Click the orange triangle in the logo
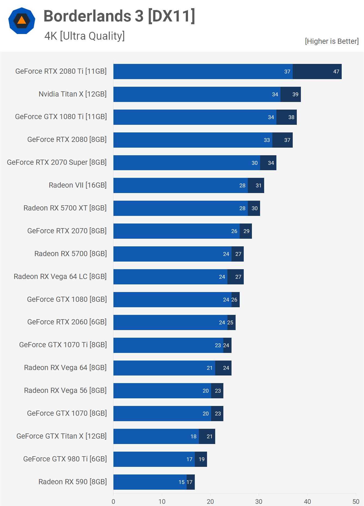(x=22, y=20)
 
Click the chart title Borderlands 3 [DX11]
(x=119, y=16)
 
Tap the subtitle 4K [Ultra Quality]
(x=84, y=36)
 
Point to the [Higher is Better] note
(x=332, y=41)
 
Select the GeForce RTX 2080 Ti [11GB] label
(x=61, y=71)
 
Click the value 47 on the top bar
(x=336, y=72)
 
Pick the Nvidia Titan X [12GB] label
(x=73, y=94)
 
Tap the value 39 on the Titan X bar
(x=295, y=94)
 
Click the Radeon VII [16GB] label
(x=78, y=185)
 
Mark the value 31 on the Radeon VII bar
(x=258, y=185)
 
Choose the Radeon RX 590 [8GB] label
(x=73, y=482)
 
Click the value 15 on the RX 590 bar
(x=181, y=482)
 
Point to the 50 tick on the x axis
(x=356, y=501)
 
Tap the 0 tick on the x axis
(x=113, y=501)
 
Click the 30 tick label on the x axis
(x=259, y=501)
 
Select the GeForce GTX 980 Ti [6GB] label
(x=65, y=459)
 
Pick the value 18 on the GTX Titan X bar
(x=193, y=436)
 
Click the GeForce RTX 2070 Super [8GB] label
(x=57, y=162)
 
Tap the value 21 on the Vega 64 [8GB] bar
(x=209, y=368)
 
